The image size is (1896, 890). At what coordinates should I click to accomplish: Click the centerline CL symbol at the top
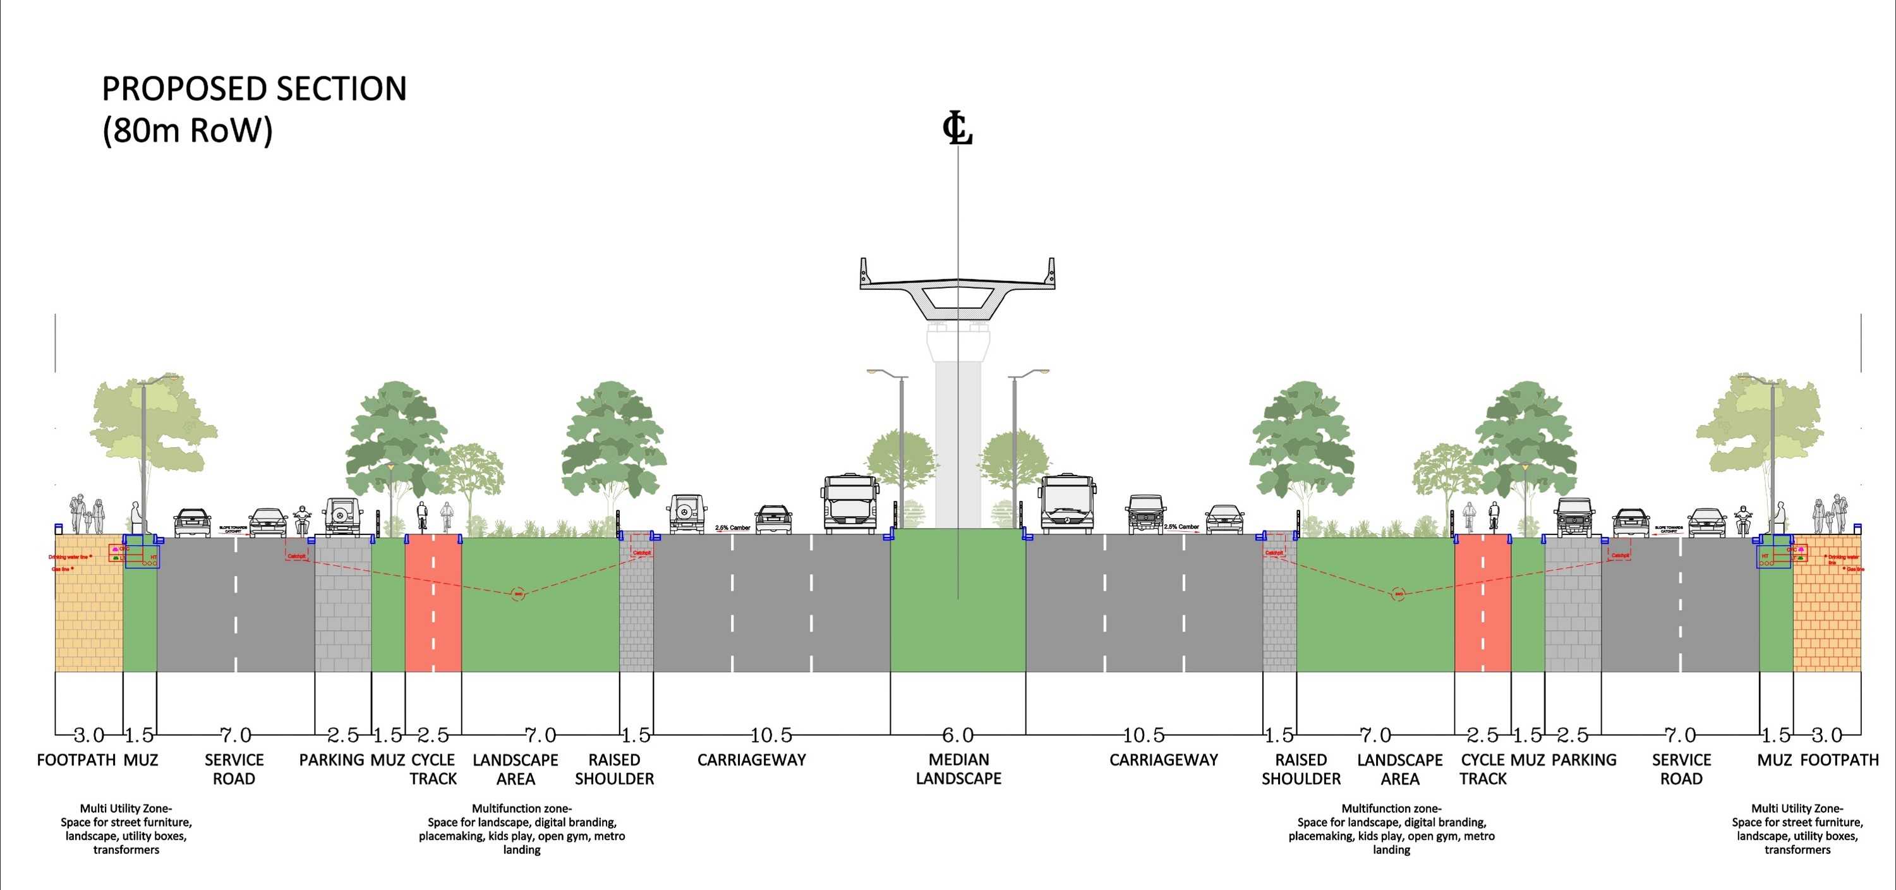pyautogui.click(x=958, y=129)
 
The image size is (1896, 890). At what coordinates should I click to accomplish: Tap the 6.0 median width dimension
pyautogui.click(x=958, y=735)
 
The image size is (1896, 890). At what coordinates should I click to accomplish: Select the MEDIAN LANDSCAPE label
pyautogui.click(x=958, y=769)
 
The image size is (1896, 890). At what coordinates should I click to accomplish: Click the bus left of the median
pyautogui.click(x=851, y=503)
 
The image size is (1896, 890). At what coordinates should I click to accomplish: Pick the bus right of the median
pyautogui.click(x=1066, y=503)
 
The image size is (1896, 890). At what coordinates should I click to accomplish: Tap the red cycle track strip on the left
pyautogui.click(x=433, y=604)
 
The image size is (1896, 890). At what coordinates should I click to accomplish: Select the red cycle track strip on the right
pyautogui.click(x=1482, y=604)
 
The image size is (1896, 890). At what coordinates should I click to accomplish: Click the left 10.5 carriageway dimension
pyautogui.click(x=771, y=735)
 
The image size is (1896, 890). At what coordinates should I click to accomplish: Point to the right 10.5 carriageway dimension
pyautogui.click(x=1144, y=735)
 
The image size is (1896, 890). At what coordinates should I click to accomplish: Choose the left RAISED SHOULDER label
pyautogui.click(x=614, y=769)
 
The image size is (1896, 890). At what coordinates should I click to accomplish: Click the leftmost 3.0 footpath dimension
pyautogui.click(x=88, y=735)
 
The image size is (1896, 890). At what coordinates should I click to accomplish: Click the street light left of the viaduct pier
pyautogui.click(x=901, y=442)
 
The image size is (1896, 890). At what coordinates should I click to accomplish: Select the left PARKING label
pyautogui.click(x=331, y=760)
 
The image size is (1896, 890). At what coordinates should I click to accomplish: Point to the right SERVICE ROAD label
pyautogui.click(x=1681, y=769)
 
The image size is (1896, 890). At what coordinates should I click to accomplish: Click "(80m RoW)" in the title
pyautogui.click(x=188, y=130)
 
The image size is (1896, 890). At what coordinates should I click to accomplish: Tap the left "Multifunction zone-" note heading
pyautogui.click(x=522, y=809)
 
